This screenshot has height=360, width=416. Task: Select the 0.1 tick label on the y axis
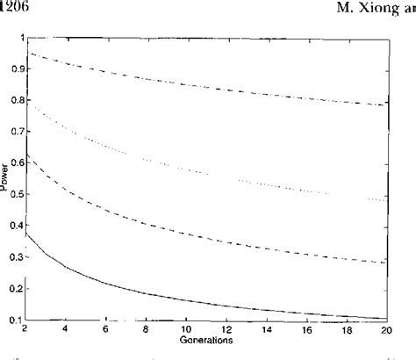point(11,319)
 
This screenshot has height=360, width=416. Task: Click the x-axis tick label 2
point(24,329)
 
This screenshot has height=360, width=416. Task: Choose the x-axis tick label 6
point(104,329)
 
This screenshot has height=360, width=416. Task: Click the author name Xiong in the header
point(382,8)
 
